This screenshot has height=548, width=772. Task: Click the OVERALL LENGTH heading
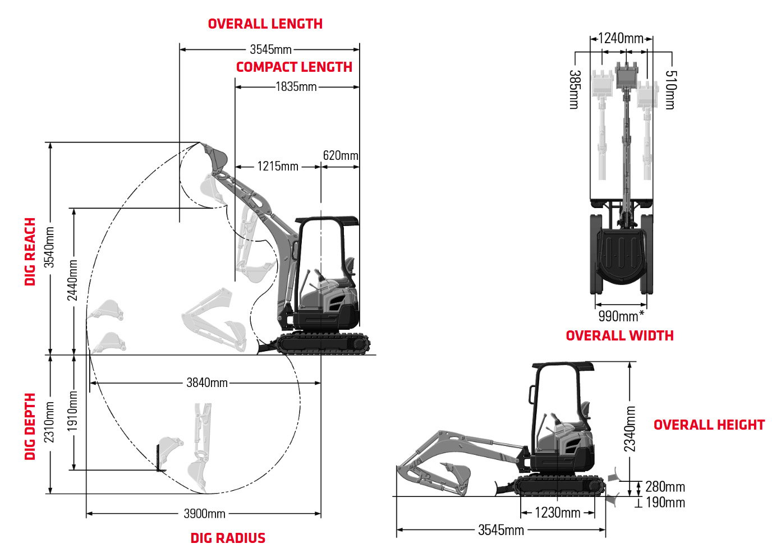coord(265,24)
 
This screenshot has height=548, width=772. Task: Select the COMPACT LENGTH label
coord(294,67)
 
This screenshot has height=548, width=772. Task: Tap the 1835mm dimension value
coord(296,87)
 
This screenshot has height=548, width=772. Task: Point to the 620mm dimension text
coord(340,156)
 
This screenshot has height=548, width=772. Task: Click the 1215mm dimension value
coord(278,167)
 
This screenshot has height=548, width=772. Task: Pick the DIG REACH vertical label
coord(30,252)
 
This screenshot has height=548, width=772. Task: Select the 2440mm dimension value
coord(73,280)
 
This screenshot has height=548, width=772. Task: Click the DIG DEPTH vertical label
coord(30,426)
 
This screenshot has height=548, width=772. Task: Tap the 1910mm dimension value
coord(73,411)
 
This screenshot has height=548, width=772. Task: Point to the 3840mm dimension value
coord(207,383)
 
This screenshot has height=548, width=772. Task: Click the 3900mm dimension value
coord(204,514)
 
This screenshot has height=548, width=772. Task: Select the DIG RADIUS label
coord(228,538)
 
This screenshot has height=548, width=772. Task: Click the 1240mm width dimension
coord(621,39)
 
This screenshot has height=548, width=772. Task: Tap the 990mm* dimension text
coord(621,316)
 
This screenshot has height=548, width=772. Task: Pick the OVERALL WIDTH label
coord(619,336)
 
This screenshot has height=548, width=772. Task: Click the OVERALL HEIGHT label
coord(709,425)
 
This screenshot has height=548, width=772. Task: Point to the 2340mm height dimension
coord(630,429)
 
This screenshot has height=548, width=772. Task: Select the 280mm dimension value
coord(665,487)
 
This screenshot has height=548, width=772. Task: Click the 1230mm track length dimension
coord(557,513)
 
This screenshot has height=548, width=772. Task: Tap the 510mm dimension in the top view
coord(670,90)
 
